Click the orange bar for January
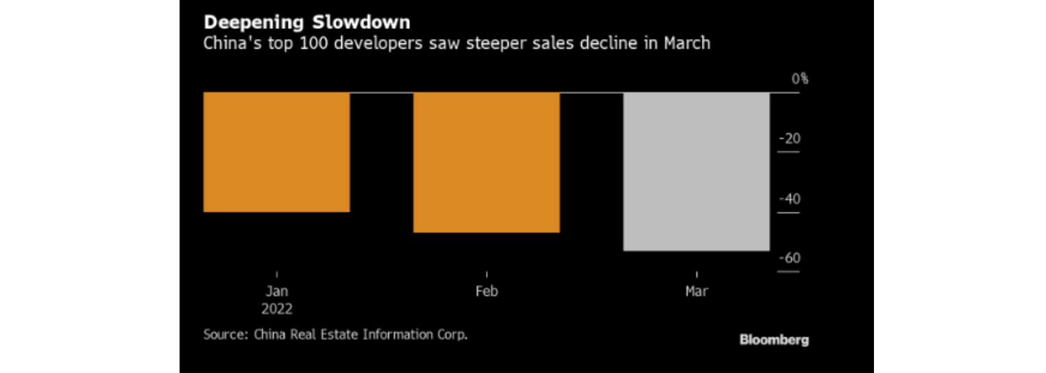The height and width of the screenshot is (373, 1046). click(x=277, y=152)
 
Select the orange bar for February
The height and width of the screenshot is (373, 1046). click(x=487, y=162)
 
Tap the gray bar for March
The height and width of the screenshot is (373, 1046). click(x=696, y=171)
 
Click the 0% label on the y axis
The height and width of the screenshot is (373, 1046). click(x=800, y=79)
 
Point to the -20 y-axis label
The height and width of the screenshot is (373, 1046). click(x=790, y=139)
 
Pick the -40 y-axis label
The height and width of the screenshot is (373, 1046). click(x=790, y=199)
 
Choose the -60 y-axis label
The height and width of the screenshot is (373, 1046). click(x=790, y=258)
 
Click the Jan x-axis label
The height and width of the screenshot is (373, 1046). click(x=277, y=291)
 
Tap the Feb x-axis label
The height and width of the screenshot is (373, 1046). click(x=487, y=291)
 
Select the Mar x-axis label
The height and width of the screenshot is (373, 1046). click(x=696, y=291)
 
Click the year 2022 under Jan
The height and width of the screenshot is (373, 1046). click(x=277, y=309)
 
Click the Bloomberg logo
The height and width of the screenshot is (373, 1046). click(x=774, y=339)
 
